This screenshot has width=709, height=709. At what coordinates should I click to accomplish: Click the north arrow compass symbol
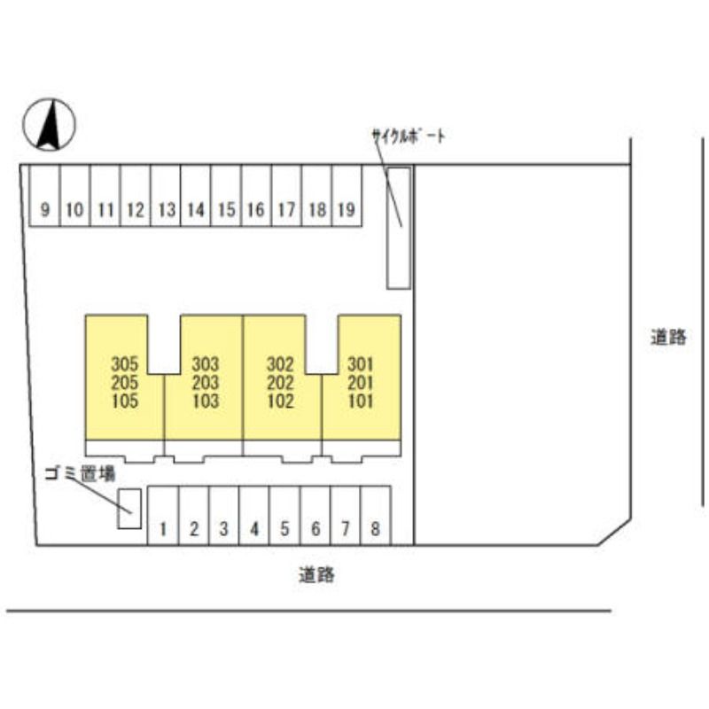(50, 124)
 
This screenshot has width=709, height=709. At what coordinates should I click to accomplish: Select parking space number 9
(44, 195)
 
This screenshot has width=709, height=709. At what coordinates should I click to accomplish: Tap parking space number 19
(347, 195)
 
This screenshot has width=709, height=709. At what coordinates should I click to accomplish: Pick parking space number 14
(195, 195)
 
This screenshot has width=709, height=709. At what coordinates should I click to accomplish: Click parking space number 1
(163, 516)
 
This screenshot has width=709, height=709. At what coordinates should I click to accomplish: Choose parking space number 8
(376, 516)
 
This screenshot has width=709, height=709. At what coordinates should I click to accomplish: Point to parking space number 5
(284, 516)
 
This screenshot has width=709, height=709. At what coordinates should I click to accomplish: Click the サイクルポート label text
(409, 136)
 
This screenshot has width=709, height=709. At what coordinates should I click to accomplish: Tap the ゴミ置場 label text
(81, 474)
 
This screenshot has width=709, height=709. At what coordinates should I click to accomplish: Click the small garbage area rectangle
(129, 509)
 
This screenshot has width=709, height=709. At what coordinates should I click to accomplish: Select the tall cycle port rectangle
(398, 228)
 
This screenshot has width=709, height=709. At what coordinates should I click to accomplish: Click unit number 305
(125, 364)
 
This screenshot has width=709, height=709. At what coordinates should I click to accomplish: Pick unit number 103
(206, 401)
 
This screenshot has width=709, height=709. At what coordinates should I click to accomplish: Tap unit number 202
(280, 383)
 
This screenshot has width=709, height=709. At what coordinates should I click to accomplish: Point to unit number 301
(361, 364)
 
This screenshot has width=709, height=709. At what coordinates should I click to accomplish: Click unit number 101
(361, 401)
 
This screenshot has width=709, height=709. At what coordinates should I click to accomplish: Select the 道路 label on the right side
(668, 338)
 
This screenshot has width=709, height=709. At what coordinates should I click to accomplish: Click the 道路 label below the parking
(316, 575)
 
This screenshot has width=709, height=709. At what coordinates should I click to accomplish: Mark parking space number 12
(136, 195)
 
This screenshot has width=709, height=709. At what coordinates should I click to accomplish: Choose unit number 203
(206, 383)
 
